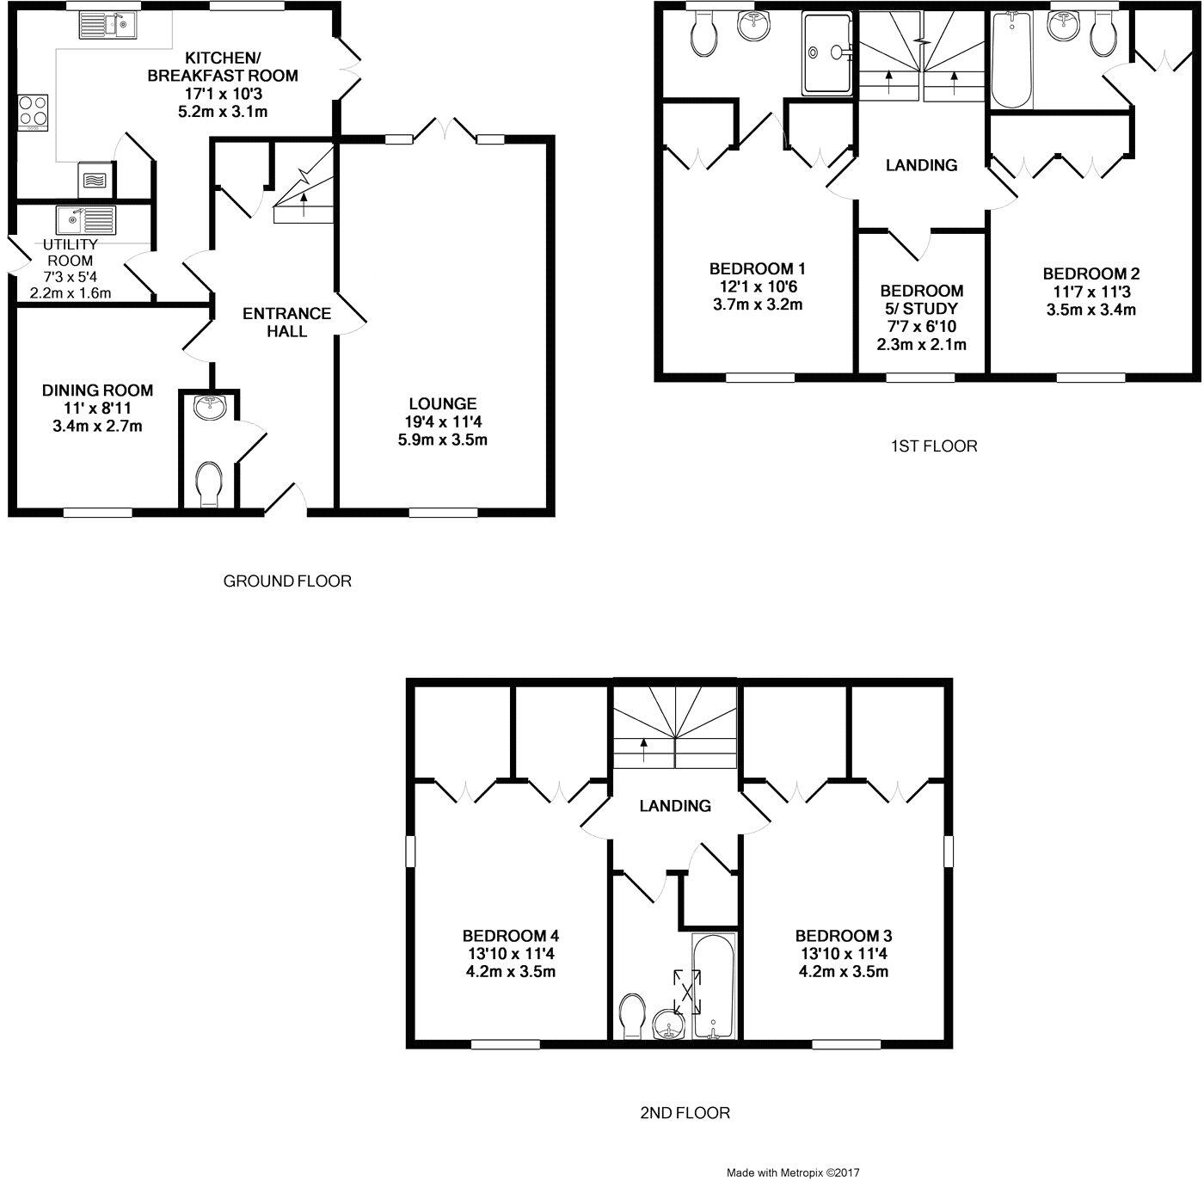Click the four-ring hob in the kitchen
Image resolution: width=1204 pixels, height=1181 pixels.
pyautogui.click(x=33, y=112)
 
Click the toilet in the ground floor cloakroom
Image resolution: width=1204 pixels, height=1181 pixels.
pyautogui.click(x=209, y=483)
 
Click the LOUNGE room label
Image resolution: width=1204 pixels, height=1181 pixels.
pyautogui.click(x=443, y=403)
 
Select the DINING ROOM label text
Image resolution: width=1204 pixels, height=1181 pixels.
pyautogui.click(x=97, y=391)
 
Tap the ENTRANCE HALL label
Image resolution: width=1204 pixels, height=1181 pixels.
pyautogui.click(x=286, y=323)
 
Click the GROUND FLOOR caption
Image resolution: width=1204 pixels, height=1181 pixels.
pyautogui.click(x=287, y=581)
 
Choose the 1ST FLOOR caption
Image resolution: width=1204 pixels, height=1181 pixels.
pyautogui.click(x=934, y=446)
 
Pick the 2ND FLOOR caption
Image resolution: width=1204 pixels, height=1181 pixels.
pyautogui.click(x=685, y=1113)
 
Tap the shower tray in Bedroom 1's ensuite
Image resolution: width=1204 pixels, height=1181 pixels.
pyautogui.click(x=826, y=53)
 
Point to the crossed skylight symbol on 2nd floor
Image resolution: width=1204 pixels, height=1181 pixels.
pyautogui.click(x=687, y=991)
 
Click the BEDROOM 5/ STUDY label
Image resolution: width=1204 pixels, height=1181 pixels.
pyautogui.click(x=921, y=299)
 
